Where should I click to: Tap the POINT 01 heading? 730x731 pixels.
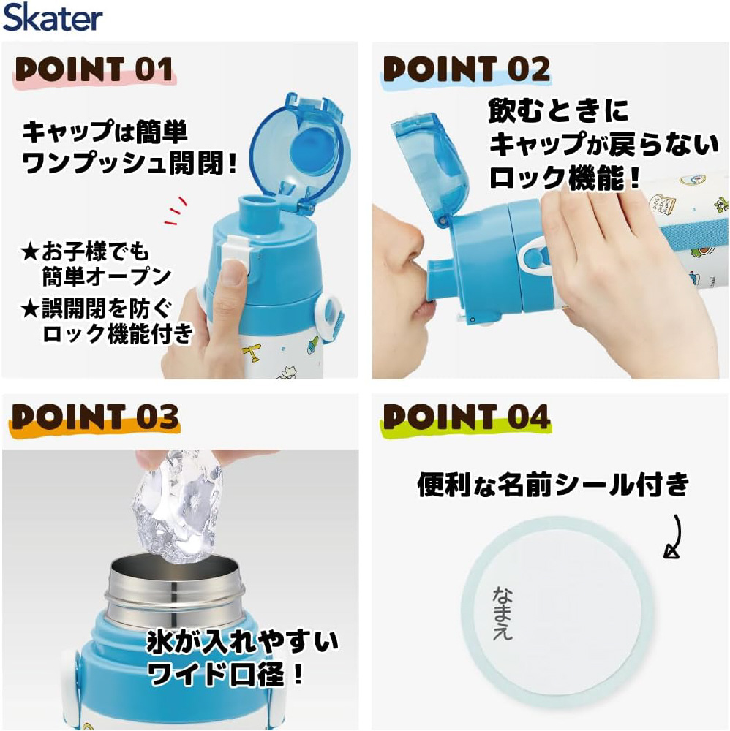click(94, 69)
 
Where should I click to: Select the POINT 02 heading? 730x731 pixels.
click(467, 69)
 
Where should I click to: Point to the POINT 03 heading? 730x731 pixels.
click(95, 417)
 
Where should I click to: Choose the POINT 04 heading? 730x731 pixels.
click(467, 417)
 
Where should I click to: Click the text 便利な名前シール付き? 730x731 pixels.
click(553, 485)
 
